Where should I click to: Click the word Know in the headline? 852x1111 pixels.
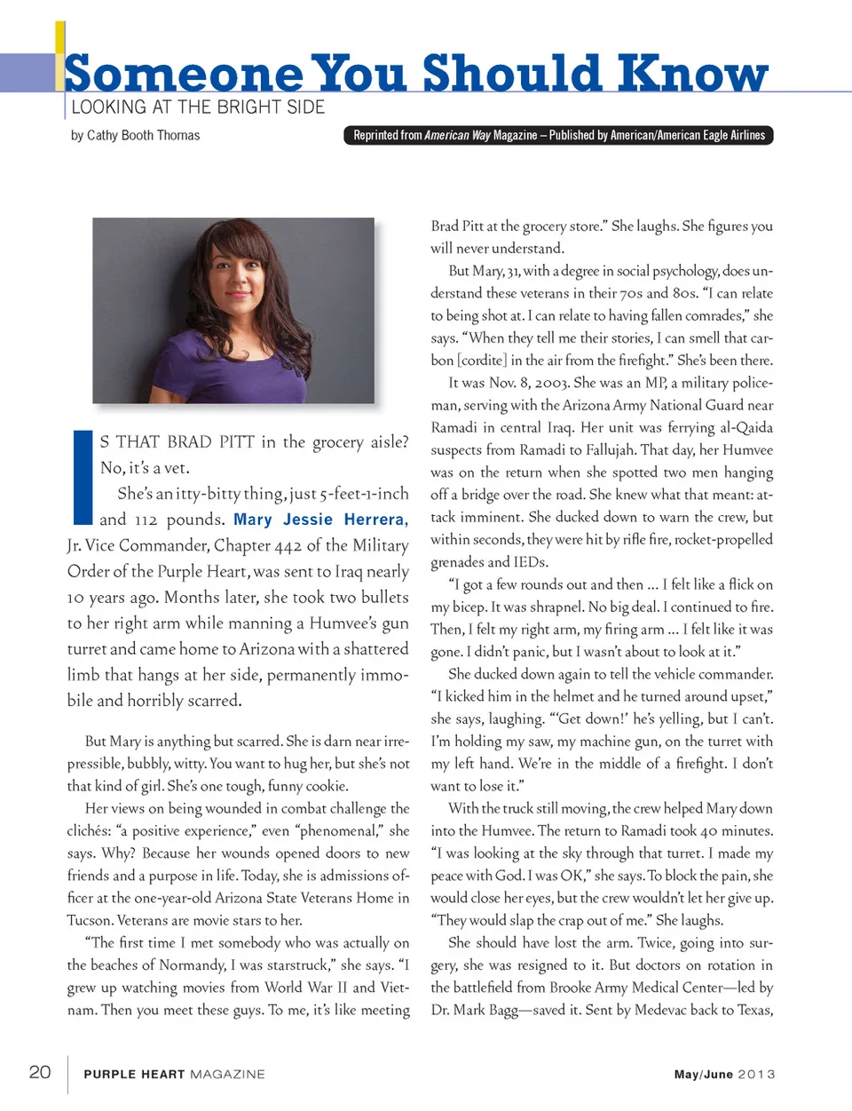tap(693, 73)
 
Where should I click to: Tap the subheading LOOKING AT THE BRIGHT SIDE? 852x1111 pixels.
tap(198, 107)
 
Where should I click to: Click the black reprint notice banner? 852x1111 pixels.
tap(558, 136)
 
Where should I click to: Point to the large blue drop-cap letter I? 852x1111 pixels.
tap(83, 477)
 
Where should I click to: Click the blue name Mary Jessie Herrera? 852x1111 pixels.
tap(320, 520)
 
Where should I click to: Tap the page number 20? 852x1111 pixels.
tap(40, 1072)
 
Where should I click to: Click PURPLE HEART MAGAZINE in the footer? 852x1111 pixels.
tap(174, 1074)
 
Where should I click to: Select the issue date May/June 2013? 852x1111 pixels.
tap(724, 1074)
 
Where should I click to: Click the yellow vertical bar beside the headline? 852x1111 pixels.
tap(60, 53)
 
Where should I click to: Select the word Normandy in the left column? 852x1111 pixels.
tap(197, 965)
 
